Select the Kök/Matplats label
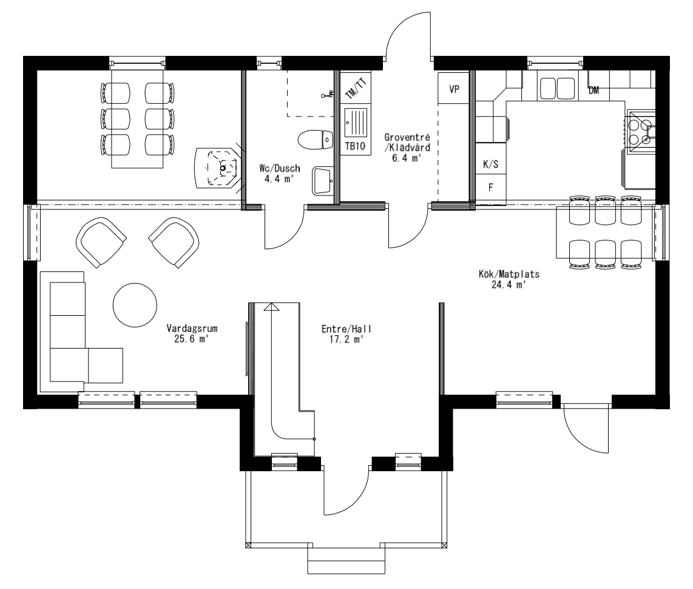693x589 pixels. [509, 274]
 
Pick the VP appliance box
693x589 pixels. [453, 89]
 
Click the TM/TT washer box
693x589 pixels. [356, 89]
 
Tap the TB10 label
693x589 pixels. [354, 146]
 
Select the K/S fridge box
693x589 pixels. [490, 165]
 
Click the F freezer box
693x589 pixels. [490, 186]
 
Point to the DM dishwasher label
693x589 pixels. [594, 90]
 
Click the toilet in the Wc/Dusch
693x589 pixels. [316, 140]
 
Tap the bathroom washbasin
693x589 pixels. [322, 180]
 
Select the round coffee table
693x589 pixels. [135, 306]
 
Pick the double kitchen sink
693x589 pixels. [556, 88]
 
